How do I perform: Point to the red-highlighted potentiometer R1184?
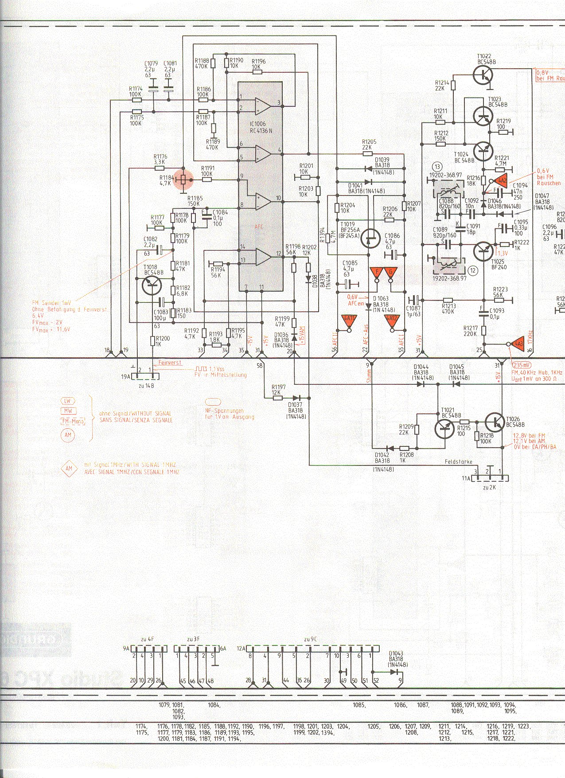pos(183,180)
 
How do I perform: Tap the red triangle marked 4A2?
pos(501,180)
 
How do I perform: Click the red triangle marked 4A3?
pos(518,344)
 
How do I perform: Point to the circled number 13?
pos(438,167)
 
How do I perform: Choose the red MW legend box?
pos(68,411)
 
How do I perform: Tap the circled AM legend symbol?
pos(68,435)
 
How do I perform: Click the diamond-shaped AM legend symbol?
pos(69,468)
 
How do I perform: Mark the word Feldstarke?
pos(458,462)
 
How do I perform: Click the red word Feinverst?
pos(170,363)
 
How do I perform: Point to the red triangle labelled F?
pos(377,272)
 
